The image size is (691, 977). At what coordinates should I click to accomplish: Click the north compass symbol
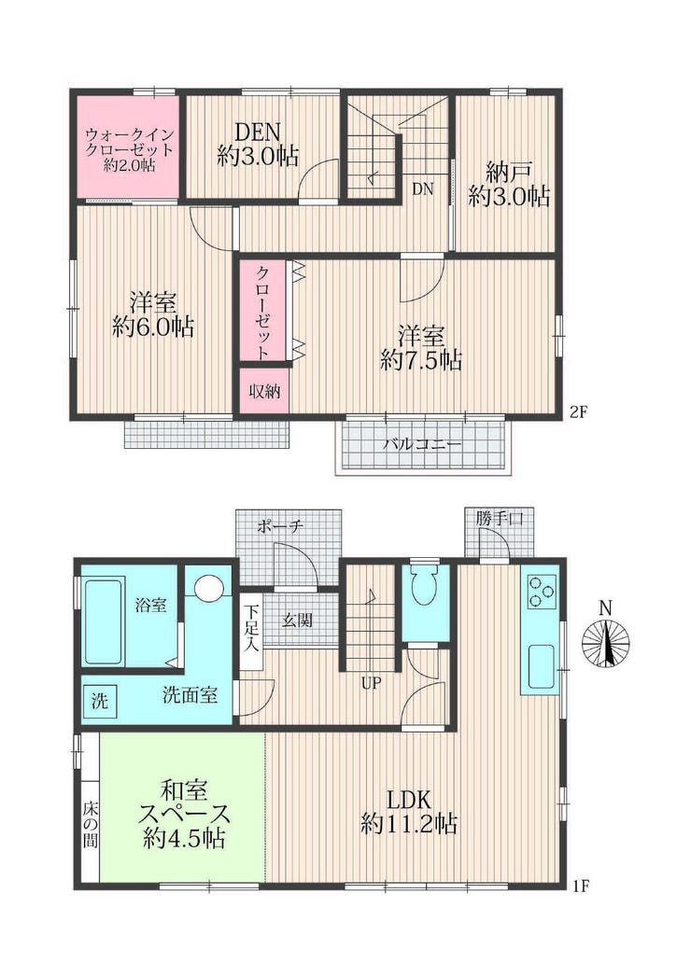[x=606, y=643]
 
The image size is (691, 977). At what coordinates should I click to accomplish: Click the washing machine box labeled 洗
[x=100, y=701]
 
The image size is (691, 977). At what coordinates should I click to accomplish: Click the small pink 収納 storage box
[x=264, y=391]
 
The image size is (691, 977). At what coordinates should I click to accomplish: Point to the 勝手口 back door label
[x=500, y=518]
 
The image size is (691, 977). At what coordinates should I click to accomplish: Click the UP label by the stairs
[x=371, y=683]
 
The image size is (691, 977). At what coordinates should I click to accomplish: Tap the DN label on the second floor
[x=423, y=189]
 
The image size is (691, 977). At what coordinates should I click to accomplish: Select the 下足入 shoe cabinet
[x=251, y=629]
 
